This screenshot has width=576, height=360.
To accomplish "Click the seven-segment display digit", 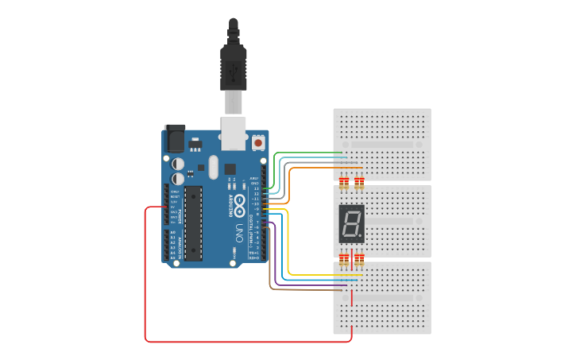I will pyautogui.click(x=351, y=223).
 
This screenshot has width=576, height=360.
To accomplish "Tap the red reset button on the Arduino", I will pyautogui.click(x=257, y=142).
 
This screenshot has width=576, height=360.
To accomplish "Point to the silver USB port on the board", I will pyautogui.click(x=233, y=134).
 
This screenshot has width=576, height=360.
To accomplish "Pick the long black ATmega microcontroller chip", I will pyautogui.click(x=193, y=223).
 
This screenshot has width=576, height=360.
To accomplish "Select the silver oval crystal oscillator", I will pyautogui.click(x=212, y=167).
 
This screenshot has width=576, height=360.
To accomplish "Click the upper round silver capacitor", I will pyautogui.click(x=179, y=163).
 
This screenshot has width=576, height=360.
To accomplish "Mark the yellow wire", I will pyautogui.click(x=288, y=246).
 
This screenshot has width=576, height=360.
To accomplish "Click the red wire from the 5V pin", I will pyautogui.click(x=145, y=278).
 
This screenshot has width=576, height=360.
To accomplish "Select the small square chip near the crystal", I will pyautogui.click(x=230, y=168).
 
